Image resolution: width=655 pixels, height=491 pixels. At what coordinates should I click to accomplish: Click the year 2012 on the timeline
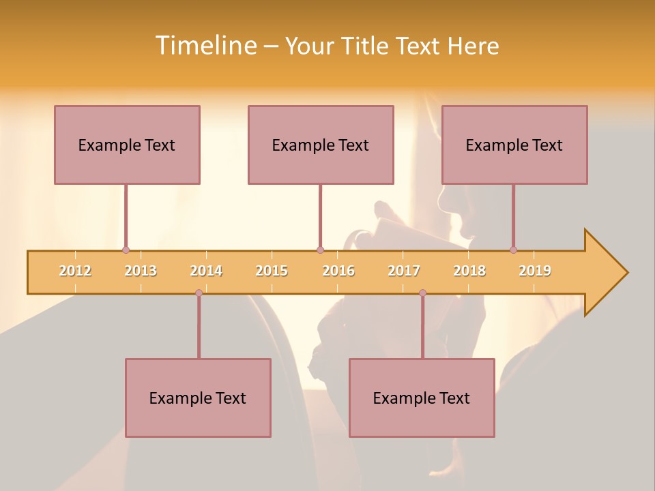[75, 271]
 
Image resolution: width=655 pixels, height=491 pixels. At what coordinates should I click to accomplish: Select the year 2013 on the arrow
[141, 271]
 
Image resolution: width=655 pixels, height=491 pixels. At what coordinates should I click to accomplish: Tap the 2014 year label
[206, 271]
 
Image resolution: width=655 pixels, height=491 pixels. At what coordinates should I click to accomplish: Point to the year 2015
[272, 271]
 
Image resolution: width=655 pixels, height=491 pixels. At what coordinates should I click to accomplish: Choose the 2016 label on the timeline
[338, 271]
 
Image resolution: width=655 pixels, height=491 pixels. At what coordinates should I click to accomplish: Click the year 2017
[404, 271]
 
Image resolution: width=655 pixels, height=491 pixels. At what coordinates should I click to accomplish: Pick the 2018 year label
[469, 271]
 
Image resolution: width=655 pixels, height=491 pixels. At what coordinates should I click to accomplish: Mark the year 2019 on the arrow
[535, 271]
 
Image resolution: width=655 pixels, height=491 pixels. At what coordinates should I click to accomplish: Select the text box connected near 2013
[127, 145]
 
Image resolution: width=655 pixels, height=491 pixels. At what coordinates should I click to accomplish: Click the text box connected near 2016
[321, 145]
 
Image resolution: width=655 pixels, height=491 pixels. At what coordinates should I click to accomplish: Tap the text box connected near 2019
[514, 145]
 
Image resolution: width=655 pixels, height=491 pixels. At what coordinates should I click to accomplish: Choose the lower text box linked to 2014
[198, 398]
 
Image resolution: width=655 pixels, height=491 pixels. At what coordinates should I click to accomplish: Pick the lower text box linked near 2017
[422, 398]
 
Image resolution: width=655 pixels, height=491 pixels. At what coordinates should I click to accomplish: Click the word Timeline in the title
[205, 46]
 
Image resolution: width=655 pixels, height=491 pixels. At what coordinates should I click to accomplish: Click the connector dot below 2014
[199, 293]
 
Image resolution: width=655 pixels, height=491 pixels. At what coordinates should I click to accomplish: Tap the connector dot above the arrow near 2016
[320, 250]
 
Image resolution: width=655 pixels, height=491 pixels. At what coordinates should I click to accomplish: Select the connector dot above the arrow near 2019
[513, 250]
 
